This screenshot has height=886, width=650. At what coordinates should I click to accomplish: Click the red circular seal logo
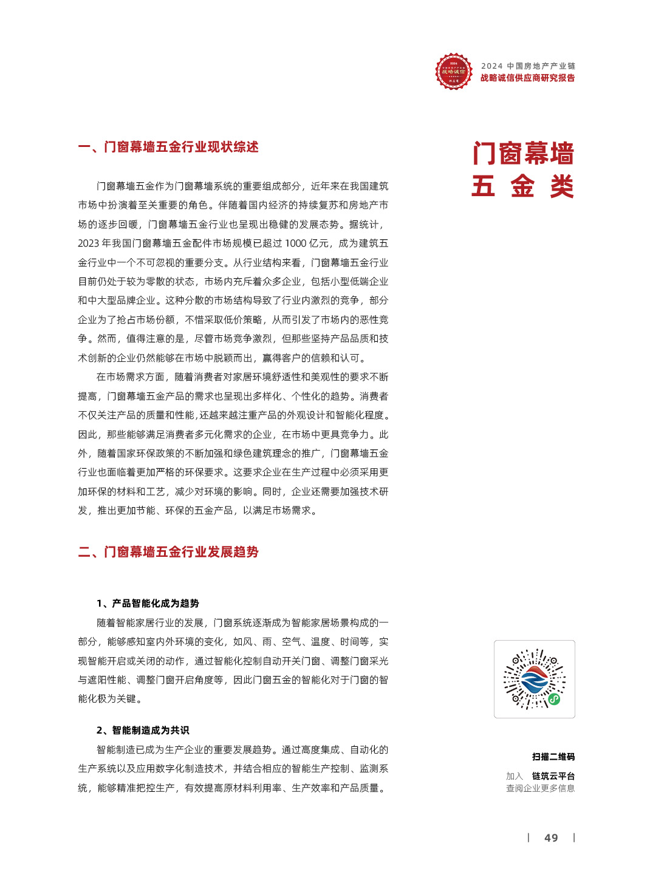click(x=453, y=72)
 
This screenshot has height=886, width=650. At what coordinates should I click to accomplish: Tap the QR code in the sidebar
click(x=534, y=679)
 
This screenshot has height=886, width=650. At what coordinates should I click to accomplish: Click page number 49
click(x=551, y=838)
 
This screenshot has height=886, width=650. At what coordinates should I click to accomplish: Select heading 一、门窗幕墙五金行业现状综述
click(x=168, y=147)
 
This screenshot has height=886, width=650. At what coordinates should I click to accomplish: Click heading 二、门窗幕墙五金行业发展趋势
click(x=168, y=552)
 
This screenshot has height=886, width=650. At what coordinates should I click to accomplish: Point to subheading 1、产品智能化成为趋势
click(x=148, y=603)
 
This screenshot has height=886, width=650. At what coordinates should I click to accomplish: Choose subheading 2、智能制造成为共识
click(x=143, y=730)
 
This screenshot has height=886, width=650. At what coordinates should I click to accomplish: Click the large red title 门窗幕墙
click(x=523, y=154)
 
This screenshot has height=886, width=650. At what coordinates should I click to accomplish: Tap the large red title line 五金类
click(x=523, y=186)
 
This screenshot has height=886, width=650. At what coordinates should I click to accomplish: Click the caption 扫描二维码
click(x=553, y=757)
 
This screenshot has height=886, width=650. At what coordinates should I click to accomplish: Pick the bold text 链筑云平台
click(x=553, y=776)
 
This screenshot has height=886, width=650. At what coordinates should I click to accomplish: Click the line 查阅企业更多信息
click(x=540, y=788)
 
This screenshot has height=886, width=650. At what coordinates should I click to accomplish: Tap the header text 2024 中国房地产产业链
click(x=528, y=66)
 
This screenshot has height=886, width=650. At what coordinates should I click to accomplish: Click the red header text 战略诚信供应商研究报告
click(x=527, y=78)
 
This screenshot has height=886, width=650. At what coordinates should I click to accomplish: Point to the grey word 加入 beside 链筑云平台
click(x=515, y=776)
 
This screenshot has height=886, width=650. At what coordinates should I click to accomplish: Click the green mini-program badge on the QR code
click(x=554, y=699)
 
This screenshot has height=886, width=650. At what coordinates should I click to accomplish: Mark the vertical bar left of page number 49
click(x=529, y=838)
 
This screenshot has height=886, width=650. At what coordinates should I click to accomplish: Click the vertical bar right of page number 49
click(x=574, y=838)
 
